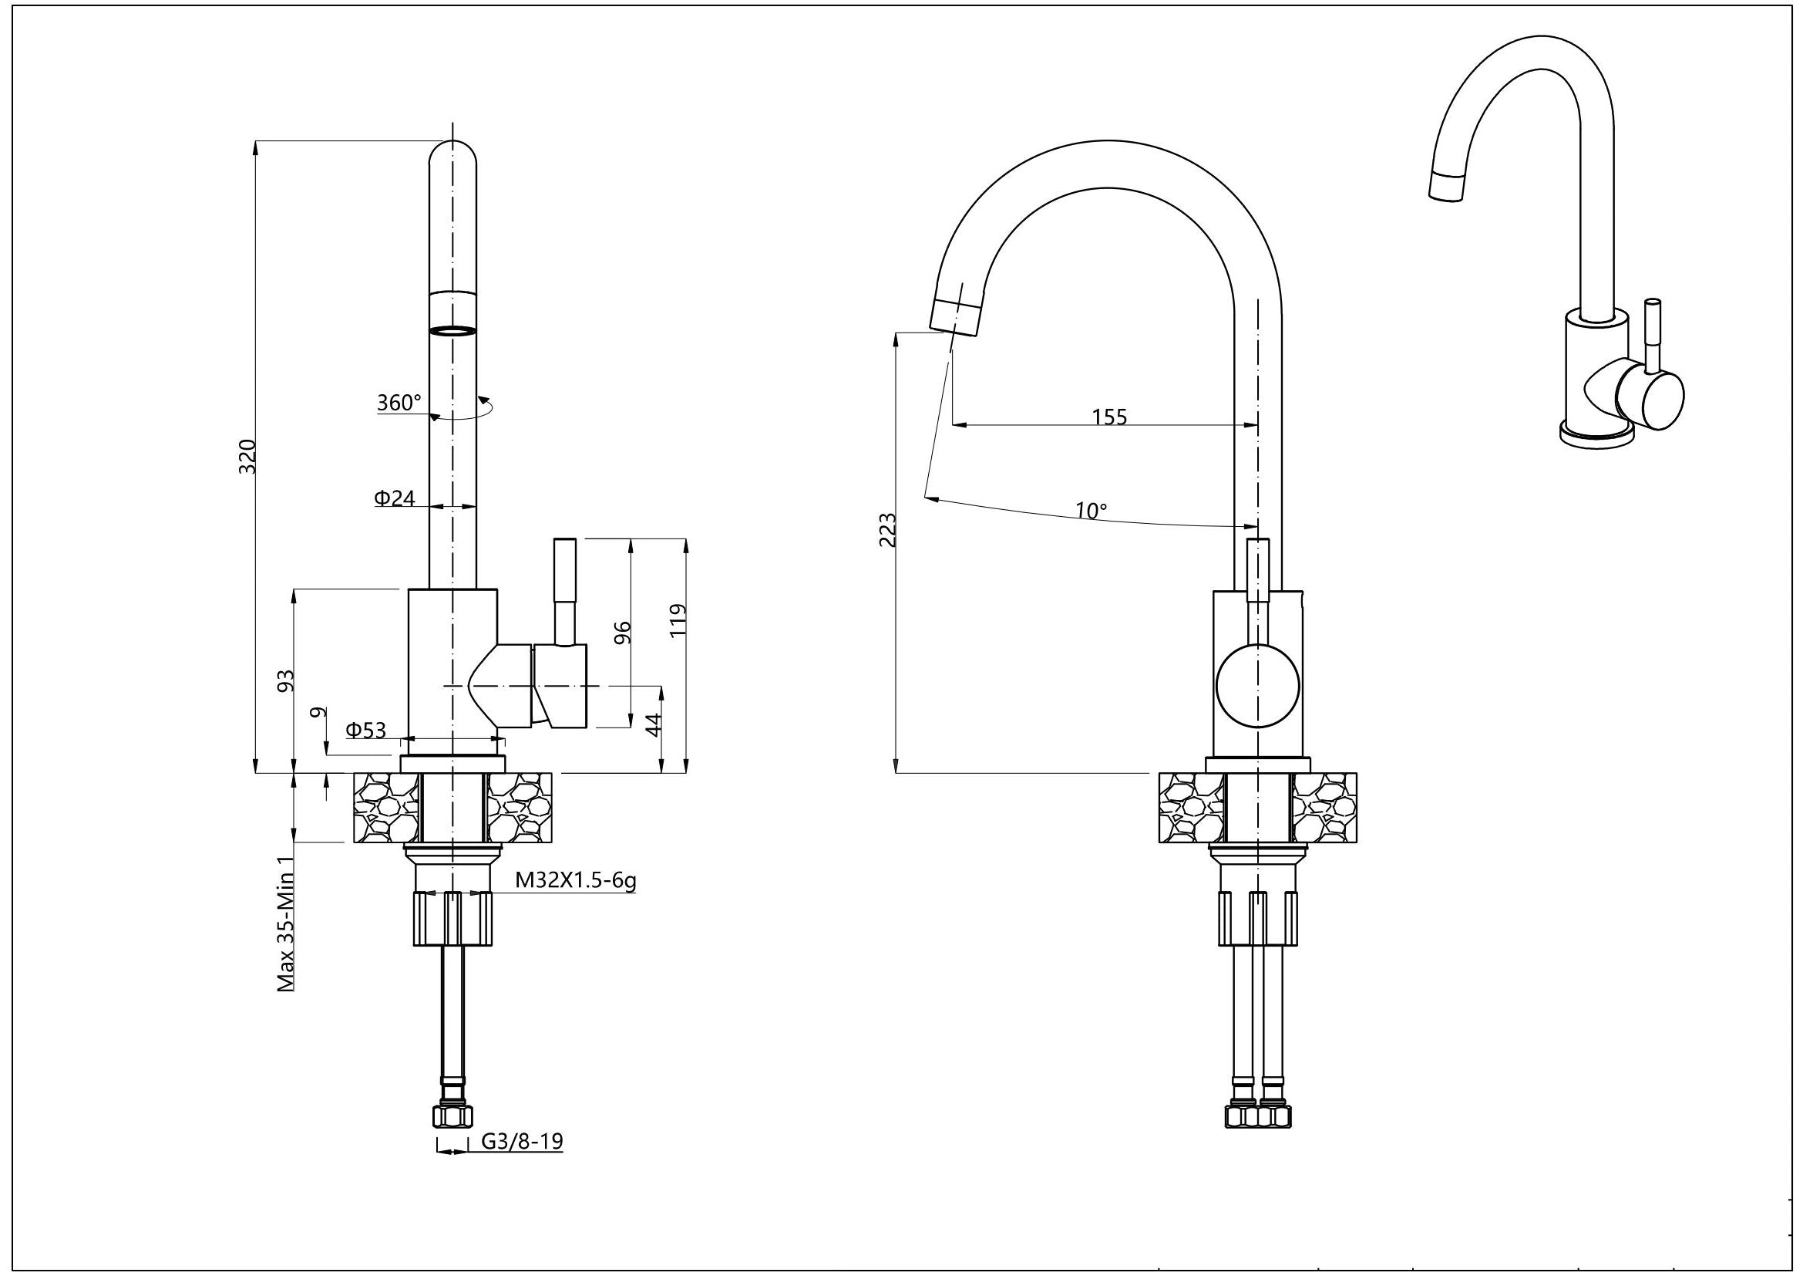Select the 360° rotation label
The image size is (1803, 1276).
pyautogui.click(x=399, y=403)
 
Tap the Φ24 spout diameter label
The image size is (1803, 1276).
pyautogui.click(x=394, y=498)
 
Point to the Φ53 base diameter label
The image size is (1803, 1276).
pyautogui.click(x=367, y=730)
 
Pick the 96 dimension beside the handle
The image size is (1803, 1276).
pyautogui.click(x=622, y=633)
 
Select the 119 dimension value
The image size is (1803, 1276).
pyautogui.click(x=679, y=620)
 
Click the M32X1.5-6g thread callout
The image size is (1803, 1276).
pyautogui.click(x=575, y=880)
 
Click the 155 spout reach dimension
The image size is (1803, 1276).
pyautogui.click(x=1109, y=417)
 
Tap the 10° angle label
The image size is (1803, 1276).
pyautogui.click(x=1091, y=511)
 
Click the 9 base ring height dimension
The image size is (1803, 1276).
pyautogui.click(x=318, y=713)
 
